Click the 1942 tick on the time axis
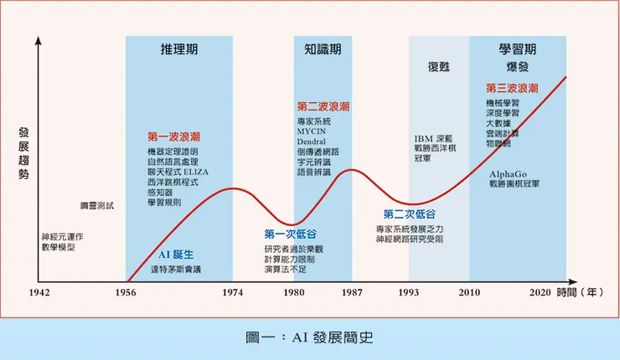coord(39,293)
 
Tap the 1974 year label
coord(233,293)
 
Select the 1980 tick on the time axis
coord(293,293)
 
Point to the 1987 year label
coord(352,293)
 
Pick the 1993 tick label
coord(409,293)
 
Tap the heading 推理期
coord(178,49)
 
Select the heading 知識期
coord(323,49)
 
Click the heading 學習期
coord(517,49)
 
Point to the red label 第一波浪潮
coord(173,136)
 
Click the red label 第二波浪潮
coord(323,107)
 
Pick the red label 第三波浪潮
coord(512,87)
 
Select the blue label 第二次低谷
coord(410,214)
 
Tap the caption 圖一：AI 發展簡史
coord(309,337)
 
